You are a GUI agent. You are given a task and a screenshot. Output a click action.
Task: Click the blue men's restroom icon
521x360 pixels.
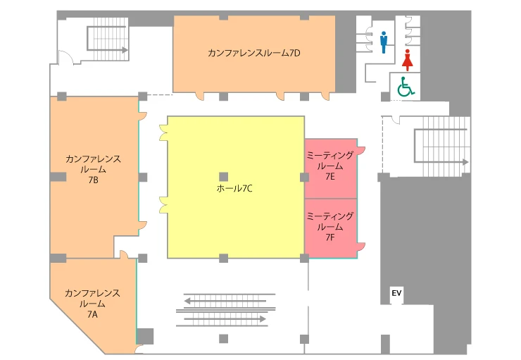(384, 42)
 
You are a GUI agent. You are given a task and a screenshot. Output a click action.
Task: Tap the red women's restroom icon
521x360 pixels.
(408, 60)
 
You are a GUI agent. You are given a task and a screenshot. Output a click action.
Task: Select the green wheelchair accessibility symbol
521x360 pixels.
(406, 87)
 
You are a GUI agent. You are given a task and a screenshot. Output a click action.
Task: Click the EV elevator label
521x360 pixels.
(396, 293)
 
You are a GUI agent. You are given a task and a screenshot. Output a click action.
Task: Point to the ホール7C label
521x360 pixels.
(234, 189)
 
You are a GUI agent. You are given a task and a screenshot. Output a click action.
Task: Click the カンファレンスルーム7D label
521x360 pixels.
(254, 53)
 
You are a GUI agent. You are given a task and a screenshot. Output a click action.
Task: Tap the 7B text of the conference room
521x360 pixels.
(93, 180)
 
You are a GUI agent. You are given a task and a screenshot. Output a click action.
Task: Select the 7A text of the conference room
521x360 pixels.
(92, 314)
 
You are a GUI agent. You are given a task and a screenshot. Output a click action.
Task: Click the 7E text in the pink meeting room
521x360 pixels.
(330, 177)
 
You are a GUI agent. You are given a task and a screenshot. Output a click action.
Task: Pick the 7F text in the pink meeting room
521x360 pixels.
(330, 237)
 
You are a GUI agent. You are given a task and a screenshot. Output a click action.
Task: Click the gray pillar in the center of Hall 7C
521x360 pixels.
(224, 177)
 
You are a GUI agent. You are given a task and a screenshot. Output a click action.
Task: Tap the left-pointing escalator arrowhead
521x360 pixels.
(187, 301)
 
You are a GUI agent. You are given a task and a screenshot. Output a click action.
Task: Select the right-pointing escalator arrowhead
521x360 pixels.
(263, 319)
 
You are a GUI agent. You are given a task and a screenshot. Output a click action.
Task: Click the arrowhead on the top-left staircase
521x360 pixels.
(125, 50)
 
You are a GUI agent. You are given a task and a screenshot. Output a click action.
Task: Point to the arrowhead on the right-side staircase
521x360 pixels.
(465, 162)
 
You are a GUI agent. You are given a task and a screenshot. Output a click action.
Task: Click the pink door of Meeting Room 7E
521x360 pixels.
(361, 149)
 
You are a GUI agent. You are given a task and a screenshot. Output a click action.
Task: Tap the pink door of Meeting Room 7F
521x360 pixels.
(361, 247)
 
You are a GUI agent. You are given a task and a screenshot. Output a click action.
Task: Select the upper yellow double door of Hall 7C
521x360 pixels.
(163, 132)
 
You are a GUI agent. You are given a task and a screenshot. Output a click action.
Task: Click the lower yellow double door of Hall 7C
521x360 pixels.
(163, 205)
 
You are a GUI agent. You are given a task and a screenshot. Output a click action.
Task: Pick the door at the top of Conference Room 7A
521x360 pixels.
(124, 254)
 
